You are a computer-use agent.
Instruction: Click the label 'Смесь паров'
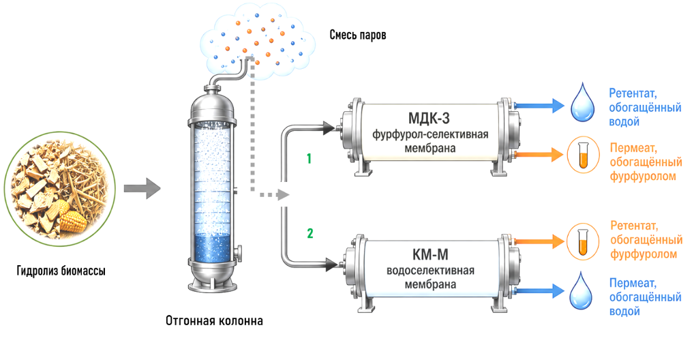(x=358, y=35)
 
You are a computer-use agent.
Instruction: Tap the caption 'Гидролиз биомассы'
(x=61, y=271)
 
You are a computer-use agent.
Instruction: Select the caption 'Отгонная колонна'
(x=214, y=320)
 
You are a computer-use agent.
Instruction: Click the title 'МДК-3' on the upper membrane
(x=428, y=119)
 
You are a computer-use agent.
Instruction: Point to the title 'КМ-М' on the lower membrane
(x=430, y=255)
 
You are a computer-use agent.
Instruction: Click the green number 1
(x=309, y=158)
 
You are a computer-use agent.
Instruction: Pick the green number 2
(x=310, y=233)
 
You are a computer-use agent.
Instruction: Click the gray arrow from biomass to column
(x=142, y=189)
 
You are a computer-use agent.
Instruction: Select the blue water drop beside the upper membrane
(x=582, y=102)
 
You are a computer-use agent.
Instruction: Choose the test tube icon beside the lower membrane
(x=583, y=241)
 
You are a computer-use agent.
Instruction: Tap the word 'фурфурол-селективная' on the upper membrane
(x=430, y=134)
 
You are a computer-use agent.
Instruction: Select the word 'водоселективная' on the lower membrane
(x=430, y=271)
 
